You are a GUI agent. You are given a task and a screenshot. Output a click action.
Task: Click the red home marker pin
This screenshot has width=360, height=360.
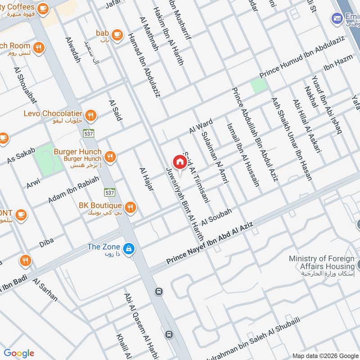tap(179, 162)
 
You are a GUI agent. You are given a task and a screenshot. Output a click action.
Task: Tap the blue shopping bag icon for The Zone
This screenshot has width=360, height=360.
tap(129, 248)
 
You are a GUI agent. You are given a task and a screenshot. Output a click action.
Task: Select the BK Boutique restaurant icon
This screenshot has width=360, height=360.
tap(130, 207)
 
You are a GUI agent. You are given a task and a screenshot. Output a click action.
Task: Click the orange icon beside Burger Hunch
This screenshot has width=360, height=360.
tap(110, 157)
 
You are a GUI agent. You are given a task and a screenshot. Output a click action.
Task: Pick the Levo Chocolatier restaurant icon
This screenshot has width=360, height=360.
tap(91, 116)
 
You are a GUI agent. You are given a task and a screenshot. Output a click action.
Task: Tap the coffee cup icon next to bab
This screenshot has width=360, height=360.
tap(117, 34)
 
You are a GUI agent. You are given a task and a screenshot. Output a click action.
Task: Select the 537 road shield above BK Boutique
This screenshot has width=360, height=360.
tap(110, 192)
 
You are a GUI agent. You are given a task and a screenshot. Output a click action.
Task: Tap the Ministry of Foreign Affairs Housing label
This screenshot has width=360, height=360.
tap(321, 266)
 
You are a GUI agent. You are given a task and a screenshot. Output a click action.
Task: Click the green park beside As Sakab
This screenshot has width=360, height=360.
tap(49, 158)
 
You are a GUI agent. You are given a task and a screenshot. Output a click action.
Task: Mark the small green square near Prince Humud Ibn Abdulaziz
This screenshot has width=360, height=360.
tap(259, 85)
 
